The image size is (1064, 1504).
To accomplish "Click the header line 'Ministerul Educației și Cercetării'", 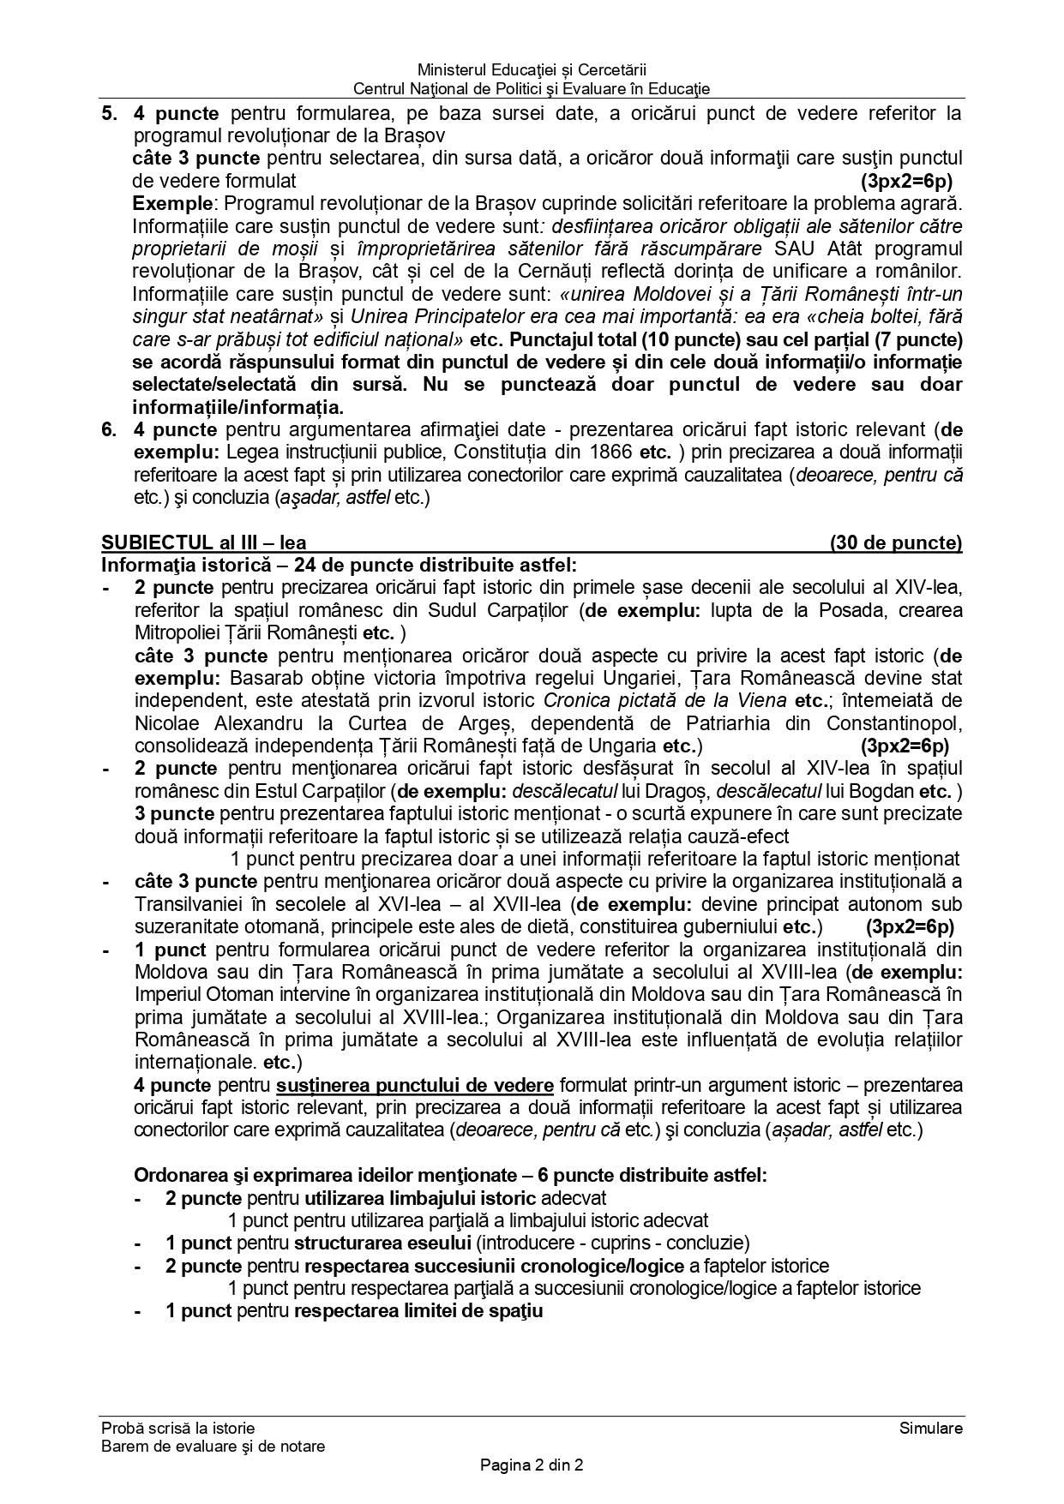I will [x=532, y=69].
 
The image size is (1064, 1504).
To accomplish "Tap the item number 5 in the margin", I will [x=109, y=113].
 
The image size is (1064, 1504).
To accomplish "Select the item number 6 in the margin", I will [x=109, y=429].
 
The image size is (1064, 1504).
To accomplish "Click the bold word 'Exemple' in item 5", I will [x=171, y=204].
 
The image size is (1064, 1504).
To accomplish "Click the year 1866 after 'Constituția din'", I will [x=610, y=452].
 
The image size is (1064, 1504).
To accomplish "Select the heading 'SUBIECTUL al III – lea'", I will [x=203, y=542].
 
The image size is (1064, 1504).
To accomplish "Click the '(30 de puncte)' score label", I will [x=895, y=542].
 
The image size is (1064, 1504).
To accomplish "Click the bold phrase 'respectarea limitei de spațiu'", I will [x=418, y=1310].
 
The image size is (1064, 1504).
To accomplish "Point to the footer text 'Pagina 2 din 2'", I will [x=532, y=1465].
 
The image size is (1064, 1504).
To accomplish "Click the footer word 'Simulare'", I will [x=931, y=1428].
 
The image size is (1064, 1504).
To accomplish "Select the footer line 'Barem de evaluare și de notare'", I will [x=213, y=1446].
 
